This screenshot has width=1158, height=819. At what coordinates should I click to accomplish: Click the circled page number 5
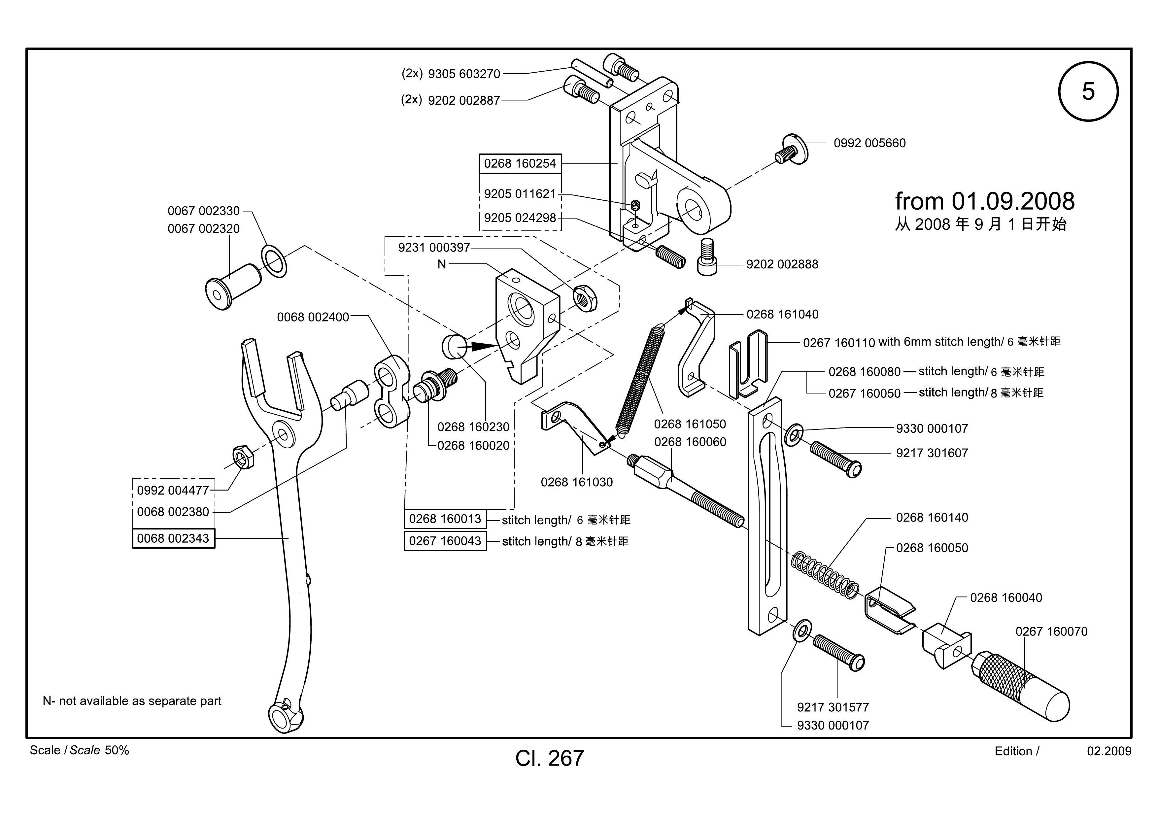[x=1088, y=91]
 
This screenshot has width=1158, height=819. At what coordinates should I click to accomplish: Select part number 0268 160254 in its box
[x=520, y=163]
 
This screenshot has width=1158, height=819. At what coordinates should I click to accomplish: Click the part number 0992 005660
[x=869, y=143]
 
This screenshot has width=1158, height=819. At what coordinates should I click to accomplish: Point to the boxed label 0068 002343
[x=173, y=538]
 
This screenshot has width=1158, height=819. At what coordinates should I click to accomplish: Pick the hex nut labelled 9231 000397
[x=586, y=298]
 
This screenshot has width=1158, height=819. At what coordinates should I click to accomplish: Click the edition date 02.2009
[x=1109, y=751]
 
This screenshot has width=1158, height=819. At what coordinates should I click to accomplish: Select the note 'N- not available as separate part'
[x=132, y=701]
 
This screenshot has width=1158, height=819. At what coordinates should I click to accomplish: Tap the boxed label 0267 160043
[x=445, y=541]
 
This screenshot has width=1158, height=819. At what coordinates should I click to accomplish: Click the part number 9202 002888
[x=782, y=264]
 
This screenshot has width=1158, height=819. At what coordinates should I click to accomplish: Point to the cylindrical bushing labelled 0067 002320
[x=233, y=287]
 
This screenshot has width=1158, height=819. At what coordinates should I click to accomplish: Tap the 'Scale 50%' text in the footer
[x=80, y=750]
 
